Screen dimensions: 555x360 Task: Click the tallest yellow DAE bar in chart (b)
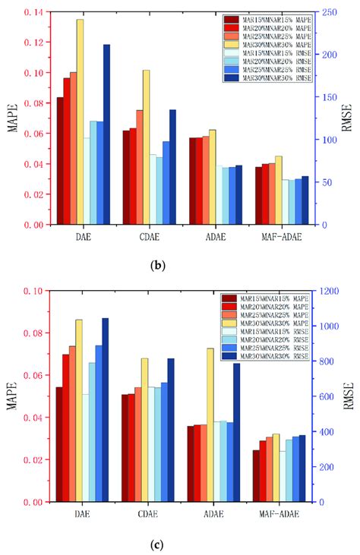click(x=80, y=121)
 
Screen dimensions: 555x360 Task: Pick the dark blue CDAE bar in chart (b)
click(x=172, y=167)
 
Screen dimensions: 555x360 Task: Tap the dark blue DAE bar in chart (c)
click(x=105, y=410)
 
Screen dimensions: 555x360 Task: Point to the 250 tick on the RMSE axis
click(x=325, y=12)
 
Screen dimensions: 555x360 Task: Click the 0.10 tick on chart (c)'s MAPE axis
click(x=35, y=291)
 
